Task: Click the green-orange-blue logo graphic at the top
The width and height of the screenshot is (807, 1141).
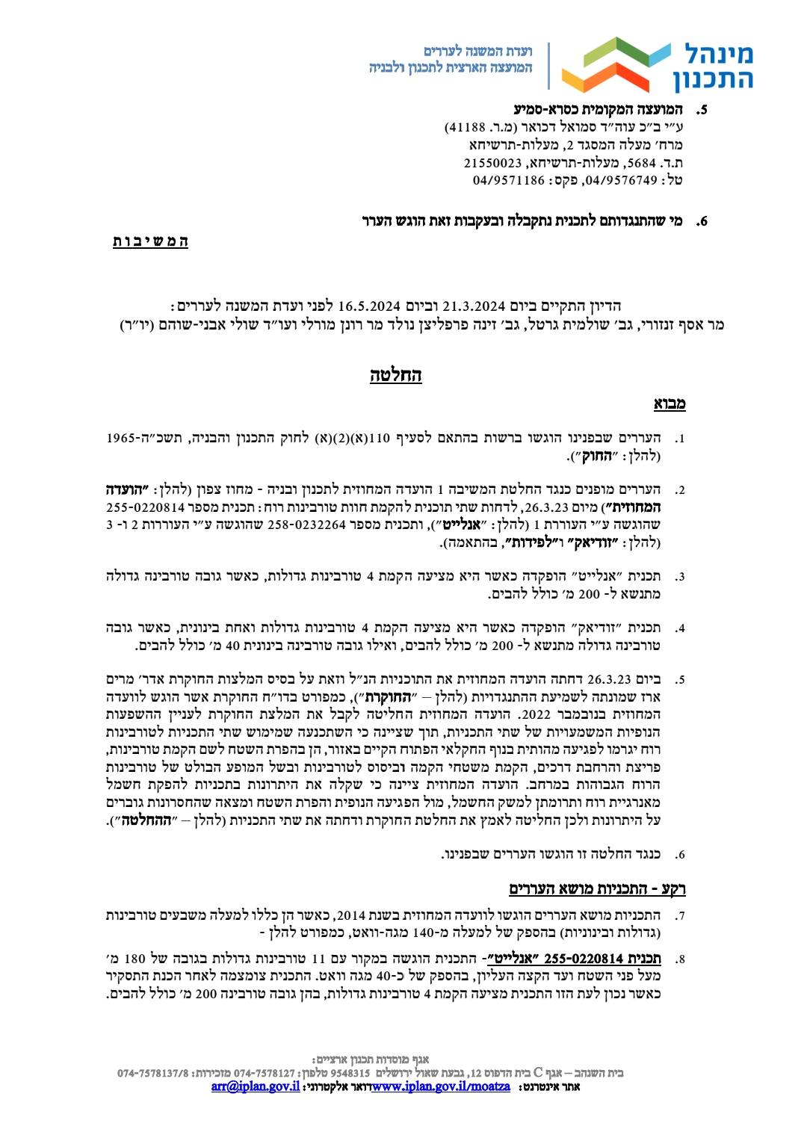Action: (616, 64)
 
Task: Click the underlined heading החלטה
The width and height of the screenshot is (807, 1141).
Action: (396, 374)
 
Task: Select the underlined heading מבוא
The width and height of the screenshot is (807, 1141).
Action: (670, 404)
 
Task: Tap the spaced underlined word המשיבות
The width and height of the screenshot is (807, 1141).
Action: (150, 241)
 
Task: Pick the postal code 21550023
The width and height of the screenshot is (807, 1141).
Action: (491, 162)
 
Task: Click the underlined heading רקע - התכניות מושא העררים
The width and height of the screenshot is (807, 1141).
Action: (597, 888)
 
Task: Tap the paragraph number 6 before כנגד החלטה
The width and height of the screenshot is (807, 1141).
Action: (679, 854)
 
